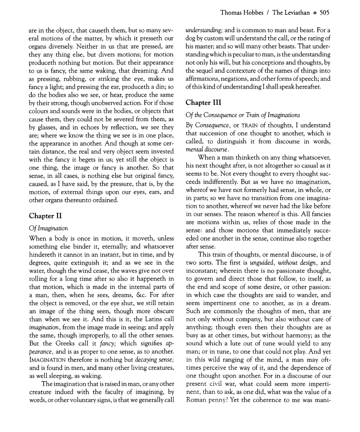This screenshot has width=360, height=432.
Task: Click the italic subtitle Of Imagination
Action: click(49, 228)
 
